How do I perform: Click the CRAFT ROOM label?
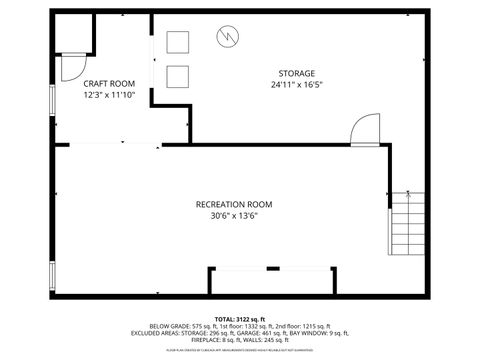[108, 83]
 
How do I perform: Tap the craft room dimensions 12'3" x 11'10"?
[108, 95]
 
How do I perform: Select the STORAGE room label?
[297, 73]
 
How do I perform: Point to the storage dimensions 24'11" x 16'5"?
[297, 85]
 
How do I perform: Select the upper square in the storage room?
[178, 42]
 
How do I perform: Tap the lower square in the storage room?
[178, 76]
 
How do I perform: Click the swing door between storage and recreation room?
[364, 129]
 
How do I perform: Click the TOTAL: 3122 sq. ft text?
[240, 318]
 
